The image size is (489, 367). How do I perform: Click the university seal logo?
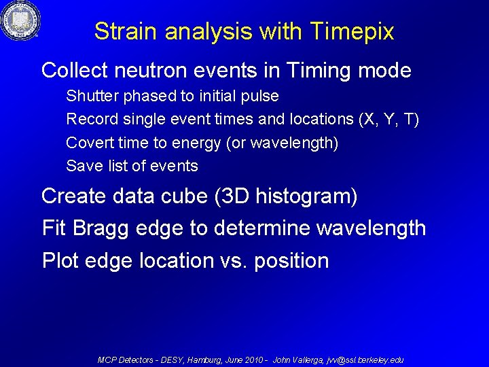20,21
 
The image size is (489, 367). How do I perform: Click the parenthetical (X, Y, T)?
388,120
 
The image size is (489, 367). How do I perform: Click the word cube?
183,196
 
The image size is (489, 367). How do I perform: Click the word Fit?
54,228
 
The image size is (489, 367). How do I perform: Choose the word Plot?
60,260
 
